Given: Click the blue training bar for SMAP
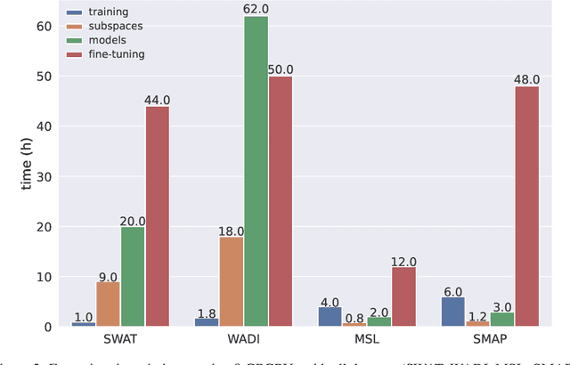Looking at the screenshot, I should tap(453, 312).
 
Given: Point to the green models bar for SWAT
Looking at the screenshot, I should tap(133, 277).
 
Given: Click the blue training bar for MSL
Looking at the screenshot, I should tap(330, 317).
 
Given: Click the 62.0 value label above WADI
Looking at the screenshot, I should tap(256, 8).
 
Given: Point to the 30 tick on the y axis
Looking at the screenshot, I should tap(42, 176).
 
